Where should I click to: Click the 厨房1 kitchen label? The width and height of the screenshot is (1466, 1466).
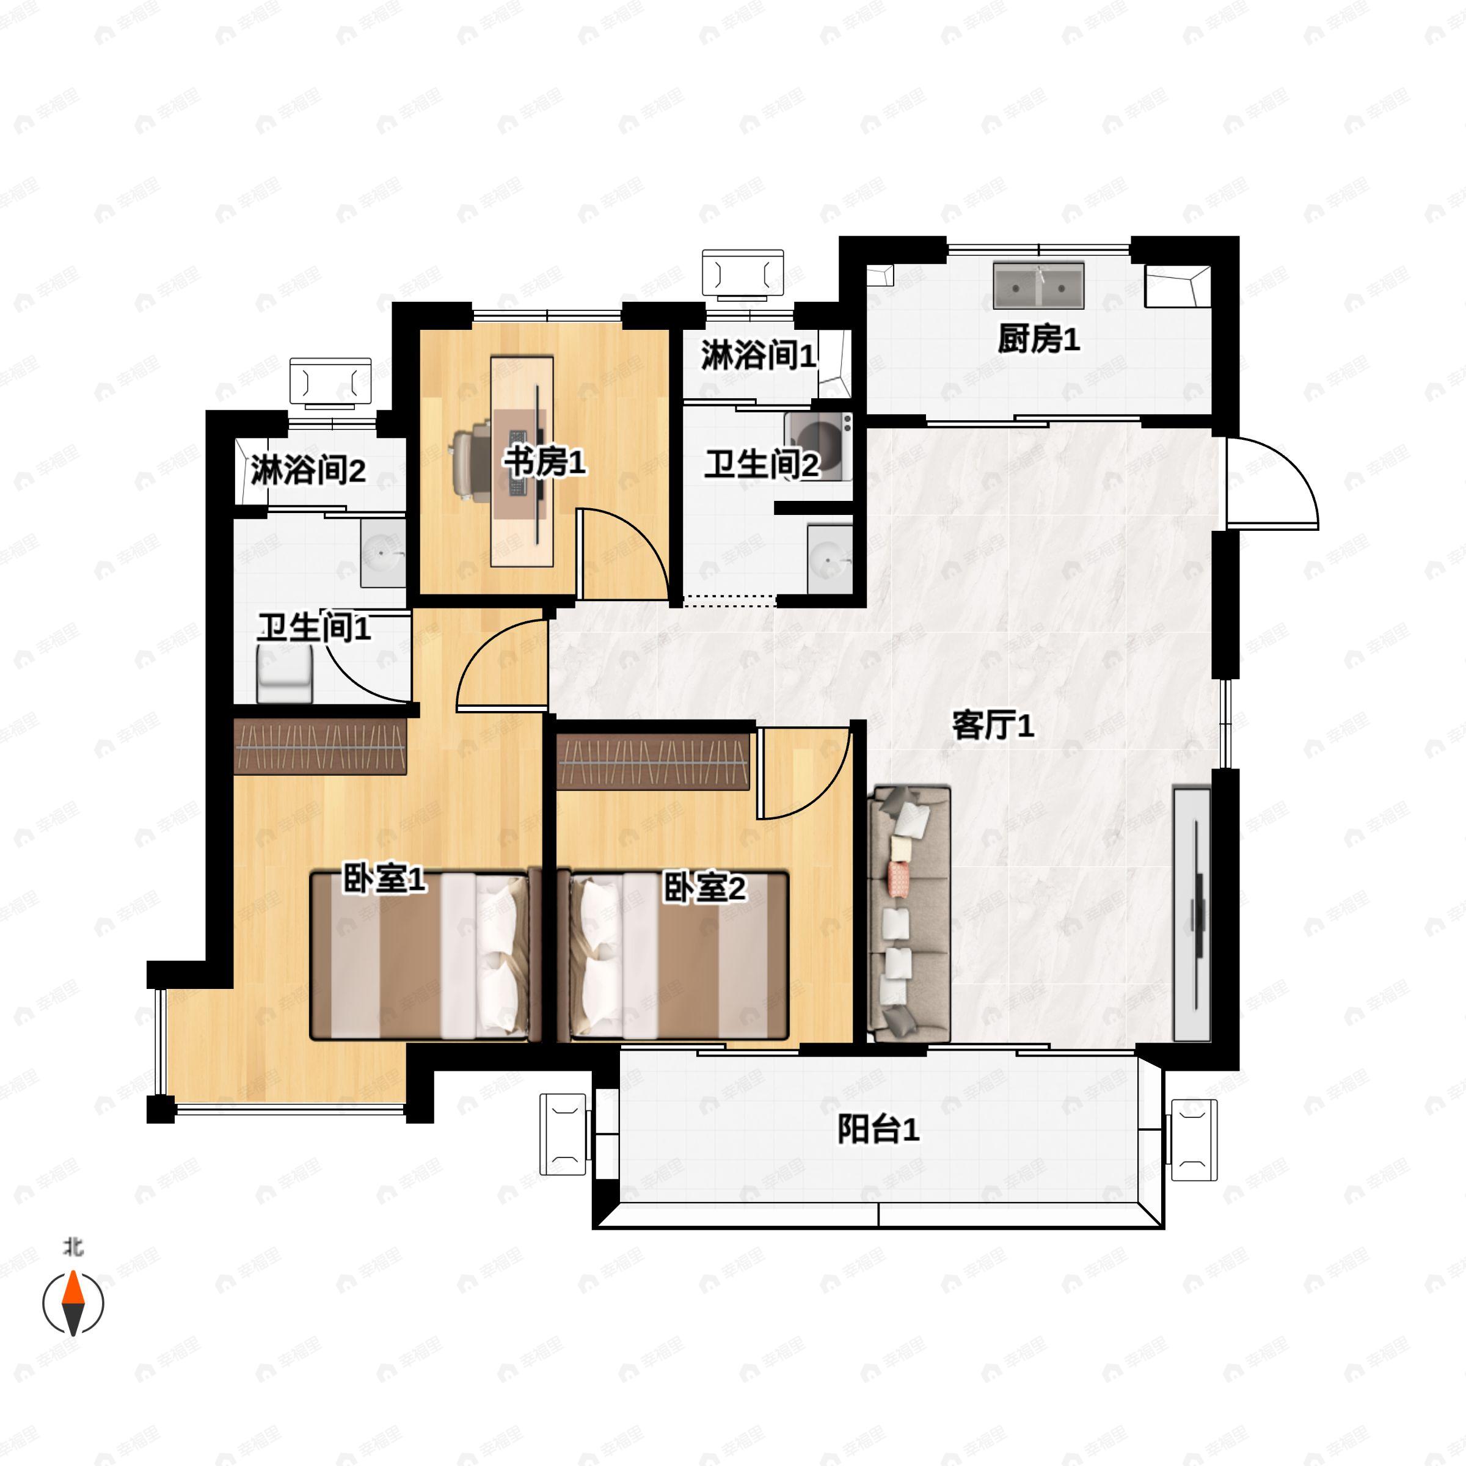point(1038,339)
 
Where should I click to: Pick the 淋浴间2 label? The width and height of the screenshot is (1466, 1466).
point(308,470)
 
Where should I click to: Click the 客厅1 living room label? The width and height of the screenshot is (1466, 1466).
point(993,726)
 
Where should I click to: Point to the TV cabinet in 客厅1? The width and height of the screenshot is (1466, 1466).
point(1191,914)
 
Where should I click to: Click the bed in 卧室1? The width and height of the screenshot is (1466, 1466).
point(420,956)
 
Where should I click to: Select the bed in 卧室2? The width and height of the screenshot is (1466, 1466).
point(673,956)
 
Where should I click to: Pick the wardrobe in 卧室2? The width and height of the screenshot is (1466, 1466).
point(654,762)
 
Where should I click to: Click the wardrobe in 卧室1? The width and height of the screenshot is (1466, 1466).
point(320,746)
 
